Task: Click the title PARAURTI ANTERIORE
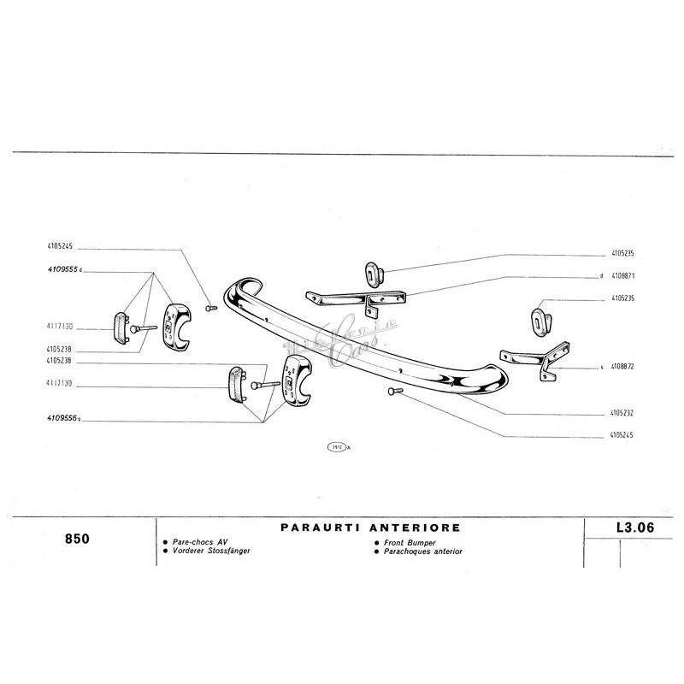click(x=370, y=528)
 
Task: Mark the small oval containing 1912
click(x=334, y=447)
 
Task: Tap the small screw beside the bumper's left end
click(x=212, y=307)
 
